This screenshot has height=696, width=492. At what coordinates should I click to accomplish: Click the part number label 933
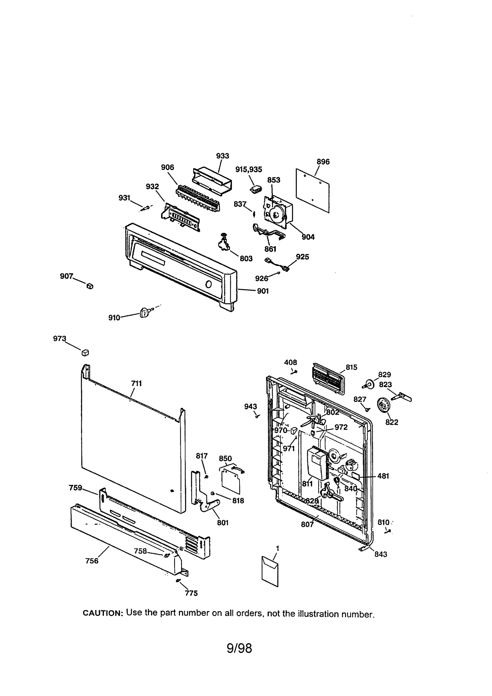pyautogui.click(x=222, y=156)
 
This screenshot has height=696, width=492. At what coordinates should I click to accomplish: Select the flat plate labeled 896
pyautogui.click(x=312, y=190)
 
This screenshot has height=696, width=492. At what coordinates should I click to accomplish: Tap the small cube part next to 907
pyautogui.click(x=90, y=286)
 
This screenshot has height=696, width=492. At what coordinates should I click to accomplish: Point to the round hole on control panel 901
pyautogui.click(x=208, y=284)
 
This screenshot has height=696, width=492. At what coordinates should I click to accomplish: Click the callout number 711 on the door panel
pyautogui.click(x=136, y=383)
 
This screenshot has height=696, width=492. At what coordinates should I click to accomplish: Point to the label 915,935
pyautogui.click(x=248, y=169)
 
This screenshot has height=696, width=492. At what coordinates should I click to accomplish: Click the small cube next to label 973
pyautogui.click(x=85, y=353)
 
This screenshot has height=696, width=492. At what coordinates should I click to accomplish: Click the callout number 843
pyautogui.click(x=381, y=554)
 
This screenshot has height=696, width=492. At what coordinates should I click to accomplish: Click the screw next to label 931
pyautogui.click(x=145, y=208)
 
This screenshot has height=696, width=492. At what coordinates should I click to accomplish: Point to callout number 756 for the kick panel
pyautogui.click(x=92, y=561)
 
